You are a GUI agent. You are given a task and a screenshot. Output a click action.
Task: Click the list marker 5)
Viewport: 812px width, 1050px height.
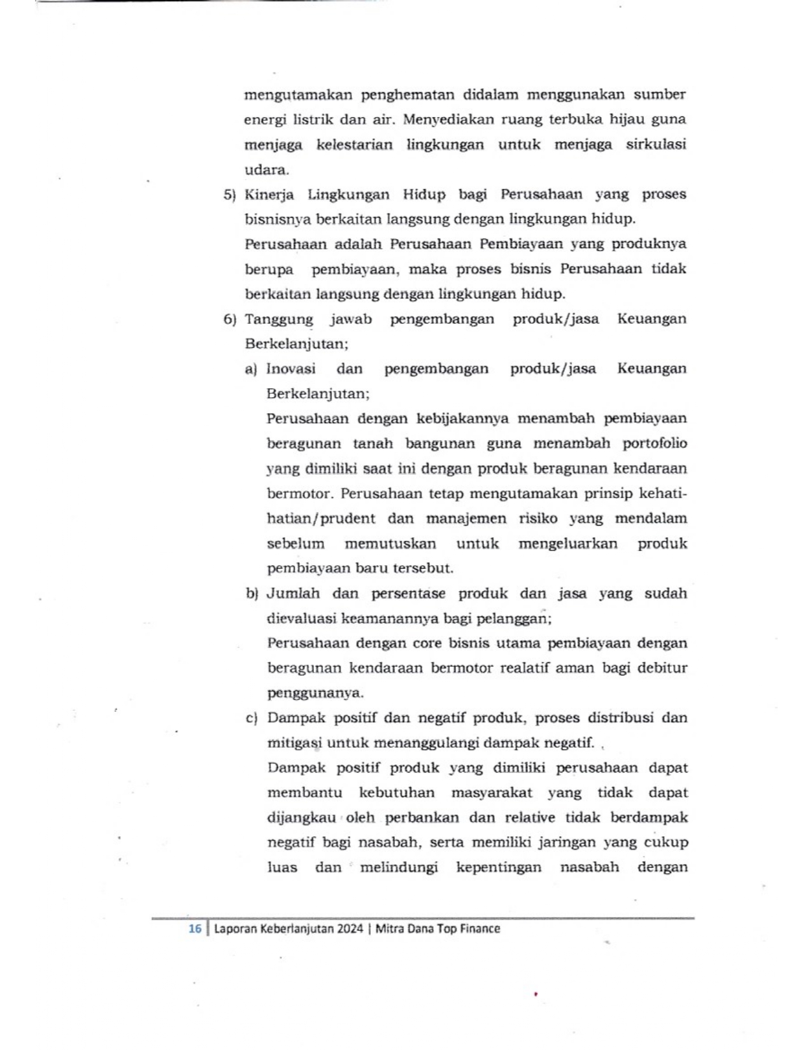tap(229, 195)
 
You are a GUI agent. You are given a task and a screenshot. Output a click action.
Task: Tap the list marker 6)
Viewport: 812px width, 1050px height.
tap(229, 319)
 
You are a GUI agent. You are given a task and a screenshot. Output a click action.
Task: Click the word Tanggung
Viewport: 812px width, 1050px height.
tap(278, 319)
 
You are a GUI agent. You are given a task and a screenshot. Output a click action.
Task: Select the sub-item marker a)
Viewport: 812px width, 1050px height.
tap(251, 369)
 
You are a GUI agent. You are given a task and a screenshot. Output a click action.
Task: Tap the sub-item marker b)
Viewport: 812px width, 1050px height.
tap(252, 594)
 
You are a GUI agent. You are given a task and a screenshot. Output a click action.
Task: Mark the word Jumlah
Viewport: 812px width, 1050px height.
tap(293, 594)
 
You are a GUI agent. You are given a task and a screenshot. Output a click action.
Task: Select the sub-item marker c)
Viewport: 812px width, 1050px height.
tap(251, 718)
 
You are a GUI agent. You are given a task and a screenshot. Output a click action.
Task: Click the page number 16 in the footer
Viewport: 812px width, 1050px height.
tap(195, 928)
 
